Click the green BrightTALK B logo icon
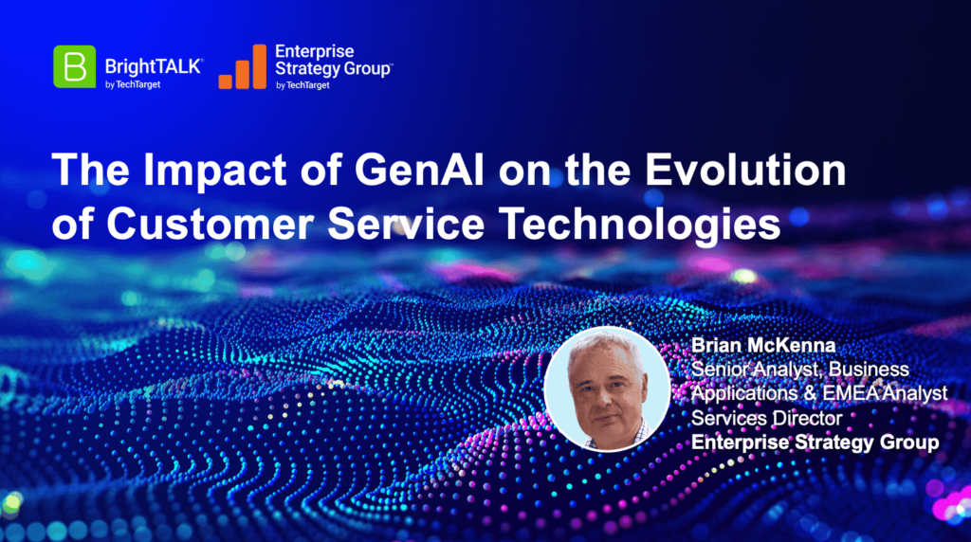74,66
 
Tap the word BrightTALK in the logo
154,66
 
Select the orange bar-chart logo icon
242,67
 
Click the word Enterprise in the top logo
315,51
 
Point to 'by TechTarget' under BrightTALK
133,84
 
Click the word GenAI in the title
419,169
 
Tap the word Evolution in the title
745,169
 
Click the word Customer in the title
210,224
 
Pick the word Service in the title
406,224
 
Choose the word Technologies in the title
640,225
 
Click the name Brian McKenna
763,345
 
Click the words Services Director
766,418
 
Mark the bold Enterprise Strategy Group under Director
815,443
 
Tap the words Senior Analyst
757,370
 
